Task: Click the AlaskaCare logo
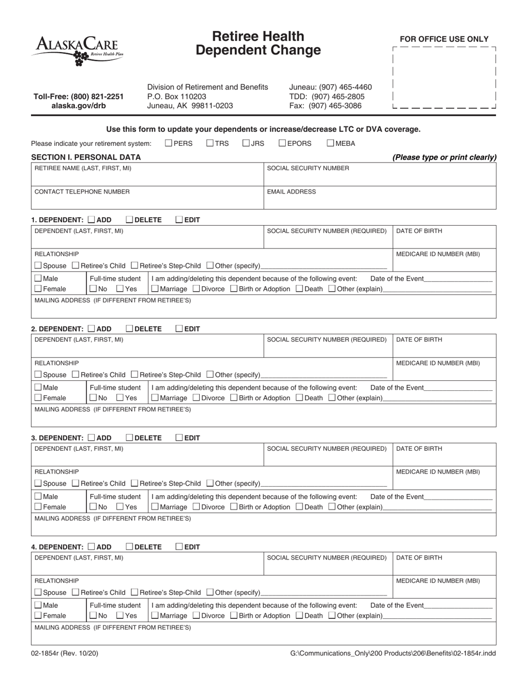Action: coord(77,49)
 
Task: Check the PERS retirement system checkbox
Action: coord(169,143)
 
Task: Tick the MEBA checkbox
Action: coord(330,143)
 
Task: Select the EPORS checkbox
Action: coord(282,143)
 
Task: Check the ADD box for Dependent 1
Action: coord(92,220)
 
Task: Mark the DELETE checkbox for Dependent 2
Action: coord(129,329)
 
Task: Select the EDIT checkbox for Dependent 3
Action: coord(179,438)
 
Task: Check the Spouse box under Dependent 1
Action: coord(38,266)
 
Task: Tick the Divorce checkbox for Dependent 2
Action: coord(196,398)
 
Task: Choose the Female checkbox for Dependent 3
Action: coord(38,507)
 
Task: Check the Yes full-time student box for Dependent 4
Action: coord(119,616)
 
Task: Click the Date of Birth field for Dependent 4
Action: coord(444,563)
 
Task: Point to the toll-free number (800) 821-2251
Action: coord(78,96)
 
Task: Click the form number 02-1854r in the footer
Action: coord(65,654)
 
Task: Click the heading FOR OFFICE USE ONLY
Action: coord(444,39)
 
